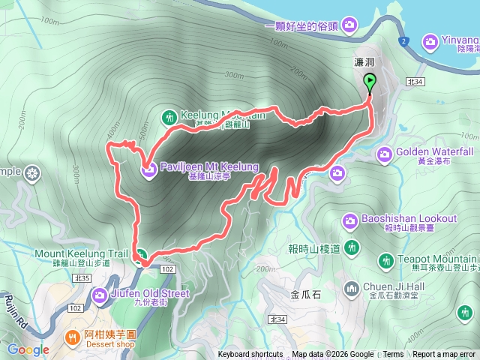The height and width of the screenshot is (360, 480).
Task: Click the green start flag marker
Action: click(370, 82)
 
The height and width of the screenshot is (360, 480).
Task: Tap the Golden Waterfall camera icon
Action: click(385, 155)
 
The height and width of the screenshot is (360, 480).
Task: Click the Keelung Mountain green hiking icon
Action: click(169, 115)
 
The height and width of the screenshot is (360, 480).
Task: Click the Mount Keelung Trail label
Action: click(72, 253)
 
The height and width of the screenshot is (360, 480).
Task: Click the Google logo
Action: click(28, 349)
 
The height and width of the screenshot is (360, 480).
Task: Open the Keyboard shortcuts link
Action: click(250, 355)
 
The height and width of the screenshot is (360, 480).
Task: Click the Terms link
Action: click(393, 355)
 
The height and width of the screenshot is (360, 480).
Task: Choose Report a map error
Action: click(444, 355)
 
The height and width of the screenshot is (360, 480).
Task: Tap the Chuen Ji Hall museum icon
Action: click(352, 289)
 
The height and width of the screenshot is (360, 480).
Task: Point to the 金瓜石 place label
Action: click(305, 295)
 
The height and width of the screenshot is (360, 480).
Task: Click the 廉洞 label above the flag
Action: click(364, 65)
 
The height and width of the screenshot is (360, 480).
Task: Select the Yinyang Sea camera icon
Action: click(430, 40)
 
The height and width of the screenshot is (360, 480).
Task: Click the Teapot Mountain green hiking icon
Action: click(385, 261)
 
